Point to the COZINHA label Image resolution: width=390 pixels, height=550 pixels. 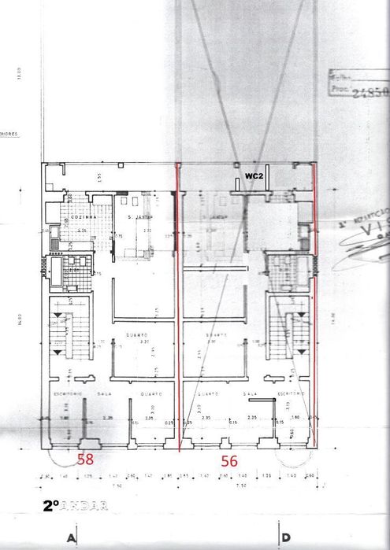(x=84, y=217)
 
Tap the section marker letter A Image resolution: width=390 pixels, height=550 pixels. (x=72, y=539)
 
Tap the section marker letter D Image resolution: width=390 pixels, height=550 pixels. (x=284, y=539)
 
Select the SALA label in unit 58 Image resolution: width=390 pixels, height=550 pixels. (x=102, y=393)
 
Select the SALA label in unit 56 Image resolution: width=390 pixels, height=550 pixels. (x=251, y=393)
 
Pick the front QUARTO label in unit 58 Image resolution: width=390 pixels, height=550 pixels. (x=150, y=393)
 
